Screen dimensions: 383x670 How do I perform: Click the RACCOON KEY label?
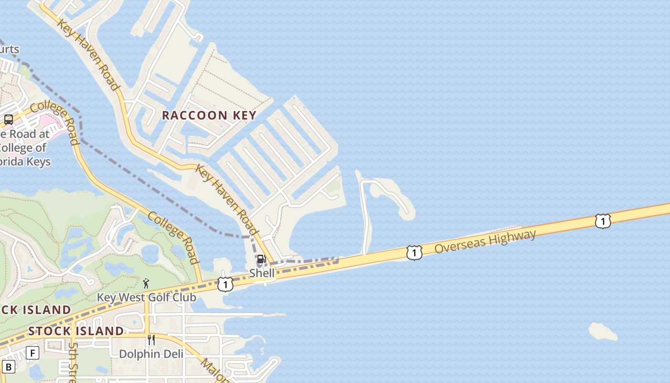point(209,115)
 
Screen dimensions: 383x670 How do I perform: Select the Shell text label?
point(262,273)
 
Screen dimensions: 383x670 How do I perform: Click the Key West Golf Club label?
point(146,297)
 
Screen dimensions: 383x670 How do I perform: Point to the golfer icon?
point(146,283)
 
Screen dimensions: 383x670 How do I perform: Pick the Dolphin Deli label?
point(151,354)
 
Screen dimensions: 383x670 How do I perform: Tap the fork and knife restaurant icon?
point(151,340)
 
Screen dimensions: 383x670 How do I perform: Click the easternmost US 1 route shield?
point(603,221)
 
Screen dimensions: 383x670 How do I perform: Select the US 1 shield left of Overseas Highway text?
point(414,253)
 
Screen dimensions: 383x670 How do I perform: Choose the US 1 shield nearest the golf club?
point(225,284)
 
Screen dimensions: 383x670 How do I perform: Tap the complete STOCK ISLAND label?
point(76,331)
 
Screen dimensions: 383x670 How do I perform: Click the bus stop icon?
point(9,120)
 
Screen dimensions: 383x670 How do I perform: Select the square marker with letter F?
point(33,353)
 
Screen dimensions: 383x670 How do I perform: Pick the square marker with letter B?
point(9,367)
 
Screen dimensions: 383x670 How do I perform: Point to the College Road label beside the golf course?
point(173,237)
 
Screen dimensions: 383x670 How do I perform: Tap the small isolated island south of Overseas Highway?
point(603,331)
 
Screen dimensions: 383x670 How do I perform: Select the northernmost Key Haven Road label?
point(88,55)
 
